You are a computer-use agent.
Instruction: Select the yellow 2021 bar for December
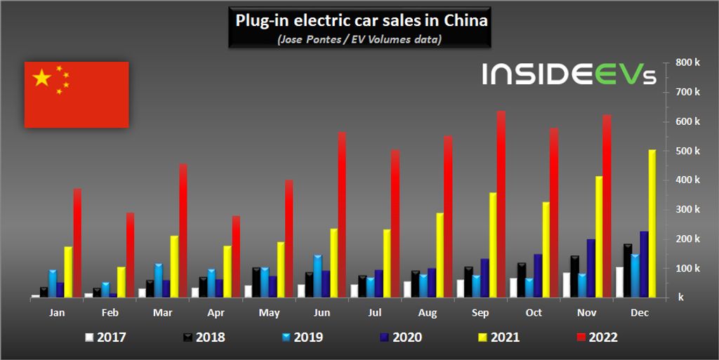(652, 223)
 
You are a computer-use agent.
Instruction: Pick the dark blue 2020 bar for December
(644, 264)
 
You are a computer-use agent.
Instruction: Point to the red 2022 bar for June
(342, 214)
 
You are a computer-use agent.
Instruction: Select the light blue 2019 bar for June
(317, 276)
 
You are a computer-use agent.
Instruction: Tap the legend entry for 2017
(105, 338)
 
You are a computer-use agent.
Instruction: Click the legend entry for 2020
(401, 338)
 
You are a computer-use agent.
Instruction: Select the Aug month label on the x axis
(428, 313)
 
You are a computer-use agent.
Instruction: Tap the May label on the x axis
(270, 313)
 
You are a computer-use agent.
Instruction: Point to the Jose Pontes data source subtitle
(359, 39)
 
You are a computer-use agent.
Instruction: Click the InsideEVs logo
(568, 74)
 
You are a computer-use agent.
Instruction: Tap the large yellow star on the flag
(43, 78)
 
